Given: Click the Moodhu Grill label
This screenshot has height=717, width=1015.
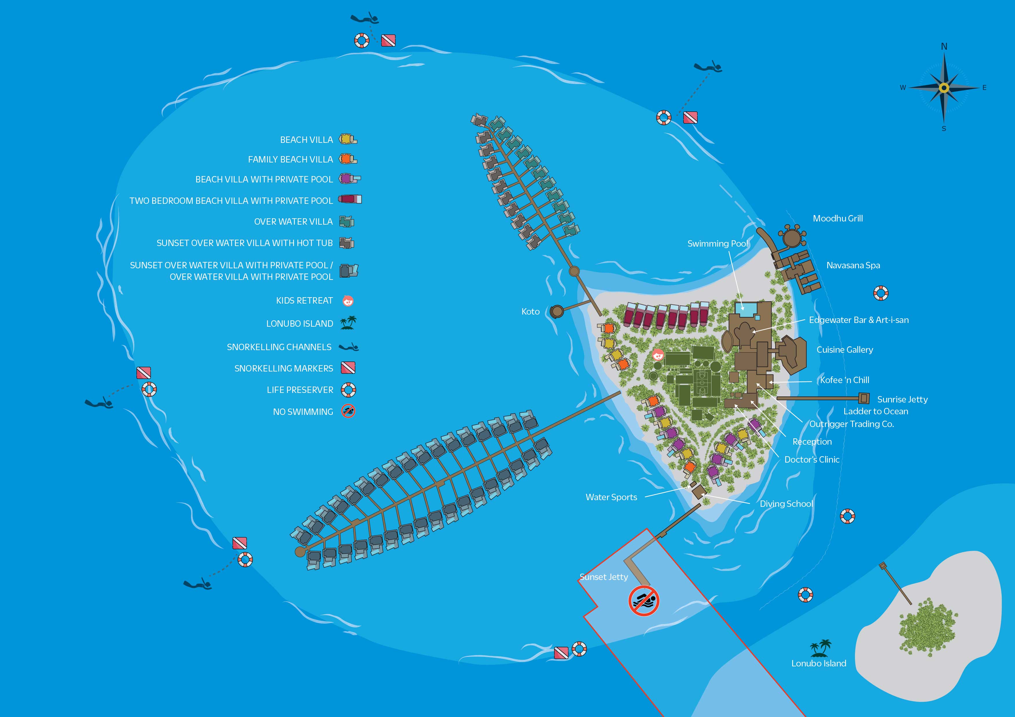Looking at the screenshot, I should pyautogui.click(x=837, y=218).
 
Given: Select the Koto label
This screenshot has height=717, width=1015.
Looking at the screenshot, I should pyautogui.click(x=530, y=311).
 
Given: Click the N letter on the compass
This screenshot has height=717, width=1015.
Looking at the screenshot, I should pyautogui.click(x=944, y=46).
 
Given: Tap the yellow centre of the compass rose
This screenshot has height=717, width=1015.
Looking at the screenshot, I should pyautogui.click(x=944, y=88).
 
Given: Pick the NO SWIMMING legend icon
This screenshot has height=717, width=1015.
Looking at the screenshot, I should pyautogui.click(x=348, y=411).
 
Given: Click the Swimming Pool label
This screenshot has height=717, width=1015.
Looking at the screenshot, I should pyautogui.click(x=718, y=243).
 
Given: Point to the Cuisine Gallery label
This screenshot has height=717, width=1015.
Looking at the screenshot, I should pyautogui.click(x=844, y=350).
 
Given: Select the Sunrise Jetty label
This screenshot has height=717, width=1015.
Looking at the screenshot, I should pyautogui.click(x=902, y=399).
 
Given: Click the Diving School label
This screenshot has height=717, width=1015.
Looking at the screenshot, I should pyautogui.click(x=786, y=504).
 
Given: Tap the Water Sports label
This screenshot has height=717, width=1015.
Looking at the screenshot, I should pyautogui.click(x=611, y=497).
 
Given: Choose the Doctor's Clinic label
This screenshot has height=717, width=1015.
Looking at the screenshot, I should pyautogui.click(x=812, y=459).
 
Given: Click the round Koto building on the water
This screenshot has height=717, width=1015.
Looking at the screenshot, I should pyautogui.click(x=557, y=311).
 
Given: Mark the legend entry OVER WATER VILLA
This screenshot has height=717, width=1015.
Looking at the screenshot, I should pyautogui.click(x=293, y=222).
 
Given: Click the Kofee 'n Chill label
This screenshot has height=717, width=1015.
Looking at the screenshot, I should pyautogui.click(x=844, y=380).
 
